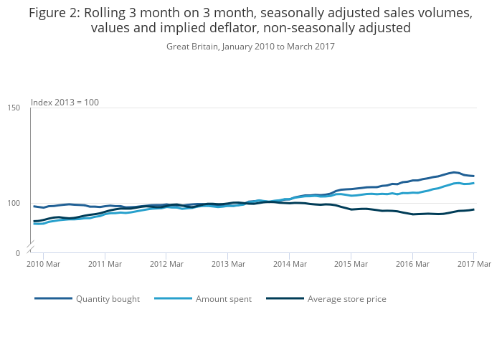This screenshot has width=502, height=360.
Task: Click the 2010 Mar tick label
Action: (43, 265)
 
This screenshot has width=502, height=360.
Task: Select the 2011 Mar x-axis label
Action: (105, 265)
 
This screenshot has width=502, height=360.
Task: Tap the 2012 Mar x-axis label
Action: (166, 265)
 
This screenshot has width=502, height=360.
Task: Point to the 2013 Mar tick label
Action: (227, 265)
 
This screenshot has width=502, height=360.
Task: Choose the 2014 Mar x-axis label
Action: (289, 265)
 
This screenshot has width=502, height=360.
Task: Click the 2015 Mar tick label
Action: (351, 265)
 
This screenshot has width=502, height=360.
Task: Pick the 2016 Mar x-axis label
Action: (412, 265)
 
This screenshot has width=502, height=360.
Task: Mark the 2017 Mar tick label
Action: (473, 265)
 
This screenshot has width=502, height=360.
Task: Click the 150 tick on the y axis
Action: (14, 108)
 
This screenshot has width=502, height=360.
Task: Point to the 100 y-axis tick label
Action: (14, 203)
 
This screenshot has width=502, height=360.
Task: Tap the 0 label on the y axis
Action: (17, 253)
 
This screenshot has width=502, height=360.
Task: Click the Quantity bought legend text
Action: (108, 299)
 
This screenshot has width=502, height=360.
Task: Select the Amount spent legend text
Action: (223, 299)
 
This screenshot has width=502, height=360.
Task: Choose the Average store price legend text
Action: (346, 299)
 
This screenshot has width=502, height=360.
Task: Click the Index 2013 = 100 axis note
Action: (65, 103)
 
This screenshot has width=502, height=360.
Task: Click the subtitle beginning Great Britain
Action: (250, 47)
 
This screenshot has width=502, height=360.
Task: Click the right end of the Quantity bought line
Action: (473, 176)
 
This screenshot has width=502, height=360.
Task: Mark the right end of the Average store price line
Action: (473, 209)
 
